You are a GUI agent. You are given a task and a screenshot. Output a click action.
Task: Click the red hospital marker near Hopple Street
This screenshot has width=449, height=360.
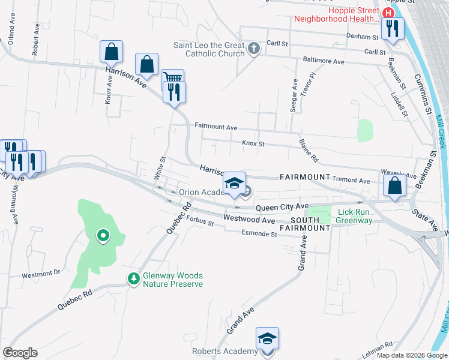388,13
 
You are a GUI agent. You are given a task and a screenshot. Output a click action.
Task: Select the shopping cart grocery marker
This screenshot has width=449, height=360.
172,79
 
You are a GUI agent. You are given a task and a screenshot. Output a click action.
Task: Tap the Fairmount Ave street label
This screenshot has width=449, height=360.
216,127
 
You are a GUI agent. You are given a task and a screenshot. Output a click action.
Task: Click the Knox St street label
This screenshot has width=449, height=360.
253,144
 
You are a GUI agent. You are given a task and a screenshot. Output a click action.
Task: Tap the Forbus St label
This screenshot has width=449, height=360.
199,223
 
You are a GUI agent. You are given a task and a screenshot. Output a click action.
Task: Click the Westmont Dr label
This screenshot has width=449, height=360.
41,273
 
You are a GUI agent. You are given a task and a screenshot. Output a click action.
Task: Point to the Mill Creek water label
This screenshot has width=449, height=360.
440,132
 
